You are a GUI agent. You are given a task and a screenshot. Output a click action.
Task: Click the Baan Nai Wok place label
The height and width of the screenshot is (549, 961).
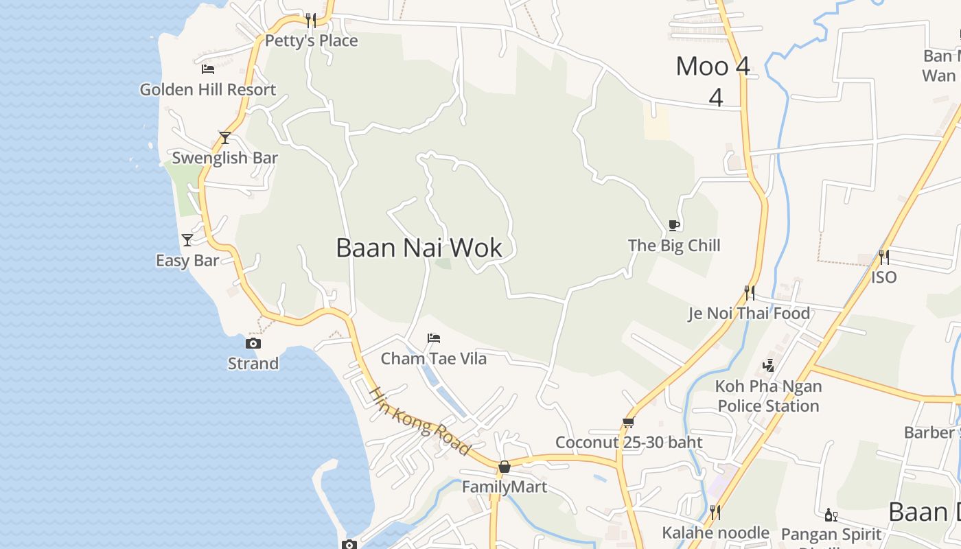point(419,248)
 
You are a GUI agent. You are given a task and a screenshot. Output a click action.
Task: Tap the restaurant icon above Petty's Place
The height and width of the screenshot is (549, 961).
point(311,21)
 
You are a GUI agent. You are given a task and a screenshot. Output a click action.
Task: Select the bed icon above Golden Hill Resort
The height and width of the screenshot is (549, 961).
point(208,69)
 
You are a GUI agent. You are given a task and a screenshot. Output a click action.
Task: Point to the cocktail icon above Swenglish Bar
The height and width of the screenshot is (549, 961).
point(224,137)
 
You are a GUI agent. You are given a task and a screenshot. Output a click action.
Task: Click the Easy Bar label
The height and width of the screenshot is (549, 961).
point(187,261)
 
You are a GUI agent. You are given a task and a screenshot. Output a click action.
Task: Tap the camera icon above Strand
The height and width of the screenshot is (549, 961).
point(253,343)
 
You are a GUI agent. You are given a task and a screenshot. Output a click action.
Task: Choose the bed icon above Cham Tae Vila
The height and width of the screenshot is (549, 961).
point(434,338)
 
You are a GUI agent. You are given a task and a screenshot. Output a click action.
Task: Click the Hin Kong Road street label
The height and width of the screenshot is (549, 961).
point(420,421)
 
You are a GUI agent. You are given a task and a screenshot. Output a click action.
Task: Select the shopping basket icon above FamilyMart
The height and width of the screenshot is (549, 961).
point(505,467)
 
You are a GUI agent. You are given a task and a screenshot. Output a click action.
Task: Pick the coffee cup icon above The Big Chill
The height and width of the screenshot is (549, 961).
point(674,225)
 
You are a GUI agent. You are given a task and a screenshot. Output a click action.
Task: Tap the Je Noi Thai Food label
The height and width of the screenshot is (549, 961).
point(750,314)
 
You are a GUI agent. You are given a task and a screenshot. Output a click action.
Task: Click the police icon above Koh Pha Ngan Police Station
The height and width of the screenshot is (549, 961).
point(769,366)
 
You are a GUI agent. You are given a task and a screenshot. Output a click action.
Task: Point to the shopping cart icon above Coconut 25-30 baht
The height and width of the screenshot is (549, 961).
point(628,423)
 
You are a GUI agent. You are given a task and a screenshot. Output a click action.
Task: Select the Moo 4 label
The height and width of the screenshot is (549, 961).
point(713,67)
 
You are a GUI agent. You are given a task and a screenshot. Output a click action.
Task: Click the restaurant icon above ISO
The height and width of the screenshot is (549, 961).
point(884,257)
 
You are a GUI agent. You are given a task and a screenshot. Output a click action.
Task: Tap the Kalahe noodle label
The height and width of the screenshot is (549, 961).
point(715,533)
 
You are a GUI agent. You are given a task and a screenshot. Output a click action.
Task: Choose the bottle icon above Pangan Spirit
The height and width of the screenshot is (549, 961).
point(831,515)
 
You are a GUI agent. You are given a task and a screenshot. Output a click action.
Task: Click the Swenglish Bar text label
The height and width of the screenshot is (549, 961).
point(224,158)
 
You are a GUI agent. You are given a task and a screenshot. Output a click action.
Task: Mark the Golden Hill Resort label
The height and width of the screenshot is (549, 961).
point(208,90)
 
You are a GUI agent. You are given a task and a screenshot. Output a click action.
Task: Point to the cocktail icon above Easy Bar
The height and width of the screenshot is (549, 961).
point(187,240)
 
